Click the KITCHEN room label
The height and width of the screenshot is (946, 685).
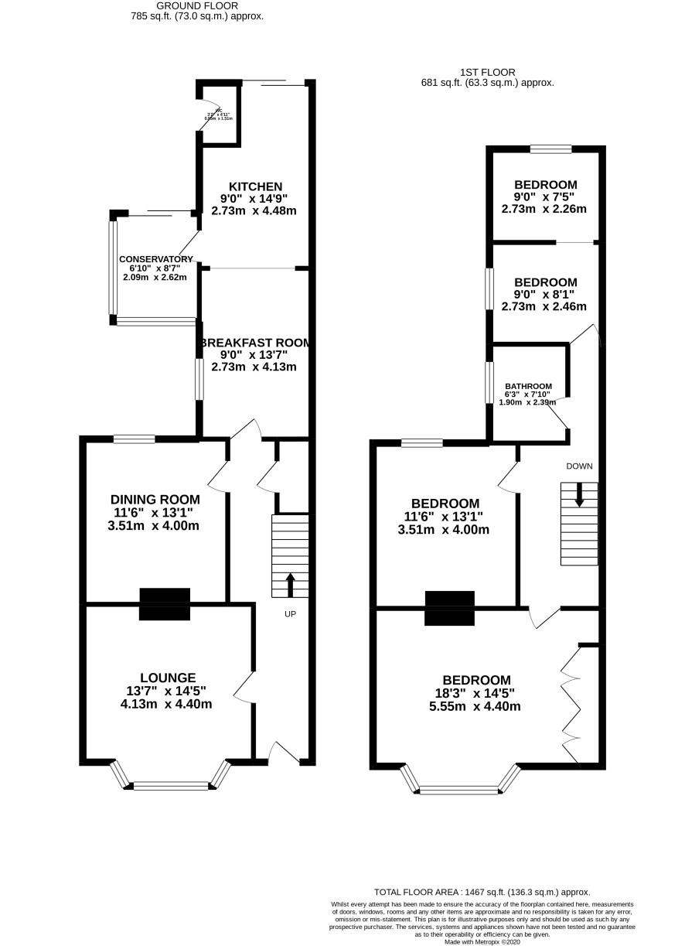click(x=255, y=186)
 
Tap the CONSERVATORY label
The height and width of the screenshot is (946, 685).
click(x=155, y=259)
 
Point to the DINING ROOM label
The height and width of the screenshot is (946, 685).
click(x=155, y=500)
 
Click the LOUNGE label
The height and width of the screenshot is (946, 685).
click(x=167, y=678)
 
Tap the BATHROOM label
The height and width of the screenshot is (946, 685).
click(x=529, y=386)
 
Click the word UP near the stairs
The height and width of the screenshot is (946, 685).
click(x=290, y=614)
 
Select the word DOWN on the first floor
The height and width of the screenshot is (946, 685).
click(x=579, y=466)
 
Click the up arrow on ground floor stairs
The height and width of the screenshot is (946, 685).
click(x=290, y=585)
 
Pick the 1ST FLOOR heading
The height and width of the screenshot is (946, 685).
click(x=487, y=72)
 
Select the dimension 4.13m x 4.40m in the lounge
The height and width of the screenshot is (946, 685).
click(x=166, y=704)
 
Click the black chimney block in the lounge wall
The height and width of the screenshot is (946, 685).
click(x=165, y=604)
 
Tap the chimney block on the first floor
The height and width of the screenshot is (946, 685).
click(x=449, y=608)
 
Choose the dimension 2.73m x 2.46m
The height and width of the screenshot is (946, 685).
click(x=544, y=306)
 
